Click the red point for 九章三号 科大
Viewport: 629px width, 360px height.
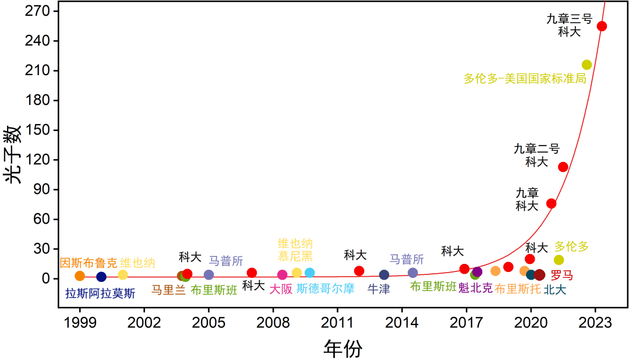[x=602, y=26]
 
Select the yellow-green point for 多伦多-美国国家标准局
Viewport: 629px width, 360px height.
[x=586, y=65]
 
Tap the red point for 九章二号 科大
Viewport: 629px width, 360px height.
[x=563, y=167]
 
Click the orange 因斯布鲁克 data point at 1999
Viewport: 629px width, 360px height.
[x=80, y=276]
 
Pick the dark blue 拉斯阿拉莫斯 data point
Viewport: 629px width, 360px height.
[x=101, y=277]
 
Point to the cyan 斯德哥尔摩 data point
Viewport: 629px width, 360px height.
[x=309, y=273]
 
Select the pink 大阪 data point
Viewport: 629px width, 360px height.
[x=282, y=275]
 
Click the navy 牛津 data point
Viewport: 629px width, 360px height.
[x=384, y=275]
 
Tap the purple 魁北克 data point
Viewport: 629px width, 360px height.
[x=478, y=272]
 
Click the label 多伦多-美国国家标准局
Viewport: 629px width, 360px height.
[x=524, y=79]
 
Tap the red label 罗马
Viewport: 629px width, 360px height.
[x=561, y=275]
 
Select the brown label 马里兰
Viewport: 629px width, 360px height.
[x=168, y=290]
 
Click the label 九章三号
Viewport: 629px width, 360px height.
[x=569, y=19]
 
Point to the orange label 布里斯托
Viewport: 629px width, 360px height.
[x=518, y=288]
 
